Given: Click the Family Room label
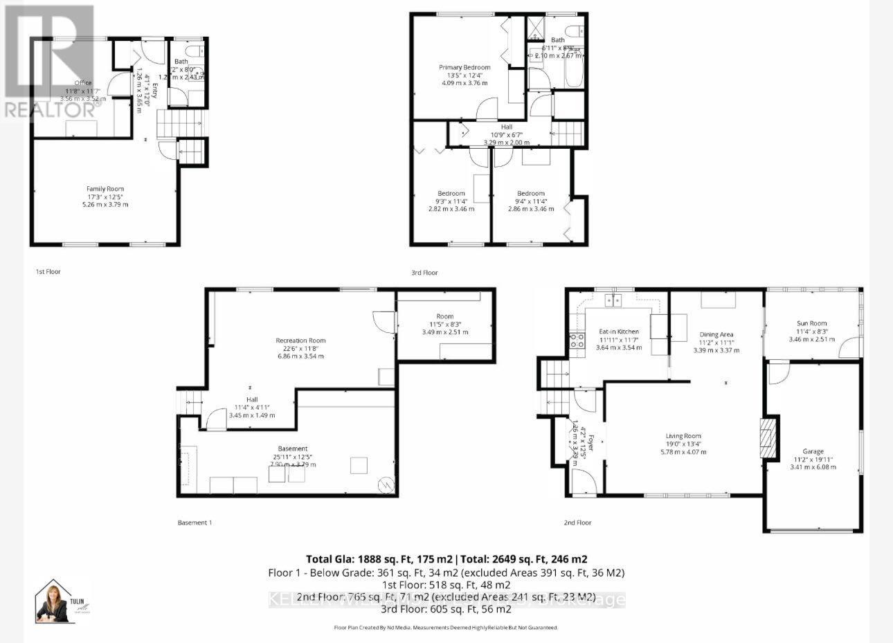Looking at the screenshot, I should click(105, 188).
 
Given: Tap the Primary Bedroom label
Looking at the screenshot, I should click(464, 67).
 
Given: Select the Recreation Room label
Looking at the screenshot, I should click(300, 341).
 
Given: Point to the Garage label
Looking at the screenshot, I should click(813, 451).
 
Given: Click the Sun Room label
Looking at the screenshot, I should click(812, 323).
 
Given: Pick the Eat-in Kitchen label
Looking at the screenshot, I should click(619, 332).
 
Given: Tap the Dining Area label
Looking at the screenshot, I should click(716, 334).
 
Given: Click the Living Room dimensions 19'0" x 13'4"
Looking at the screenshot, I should click(683, 444).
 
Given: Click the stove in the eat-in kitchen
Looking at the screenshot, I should click(576, 340).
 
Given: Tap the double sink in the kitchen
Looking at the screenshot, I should click(614, 300).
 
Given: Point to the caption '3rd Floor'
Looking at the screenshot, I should click(425, 273).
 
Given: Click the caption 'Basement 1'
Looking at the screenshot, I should click(195, 523).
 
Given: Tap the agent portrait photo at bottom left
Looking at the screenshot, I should click(55, 601).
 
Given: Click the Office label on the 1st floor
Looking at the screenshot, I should click(83, 83).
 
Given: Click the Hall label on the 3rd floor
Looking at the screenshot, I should click(507, 127).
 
